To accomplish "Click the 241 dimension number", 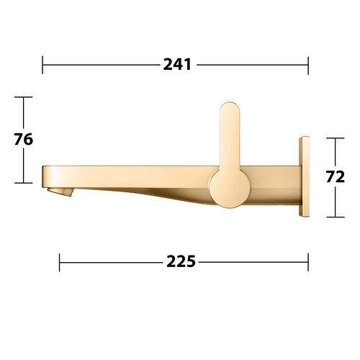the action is point(177,65).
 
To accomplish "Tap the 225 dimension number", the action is point(181,261).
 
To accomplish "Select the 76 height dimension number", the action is point(23,139).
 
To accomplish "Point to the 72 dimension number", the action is point(336,177).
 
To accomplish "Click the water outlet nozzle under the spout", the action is point(60,192).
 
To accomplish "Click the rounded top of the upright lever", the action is point(230,108).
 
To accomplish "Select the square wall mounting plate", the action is point(304,176).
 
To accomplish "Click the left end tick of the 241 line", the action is point(42,65).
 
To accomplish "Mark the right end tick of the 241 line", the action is point(308,66).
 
